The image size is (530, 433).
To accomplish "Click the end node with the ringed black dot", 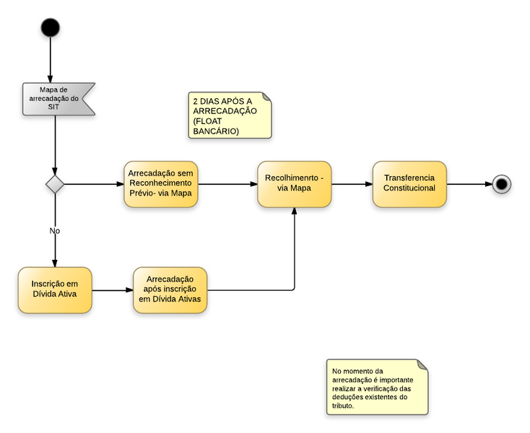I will [x=501, y=184].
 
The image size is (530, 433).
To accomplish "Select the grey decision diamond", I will [x=55, y=184].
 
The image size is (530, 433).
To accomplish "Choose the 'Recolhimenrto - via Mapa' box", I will [x=294, y=184].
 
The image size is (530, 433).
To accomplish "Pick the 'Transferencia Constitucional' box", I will [x=409, y=183].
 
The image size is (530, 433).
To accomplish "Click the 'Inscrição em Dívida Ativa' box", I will [x=55, y=290].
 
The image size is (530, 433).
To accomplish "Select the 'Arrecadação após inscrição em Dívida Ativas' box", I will [x=170, y=290].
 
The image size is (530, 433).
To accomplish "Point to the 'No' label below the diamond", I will [x=55, y=231].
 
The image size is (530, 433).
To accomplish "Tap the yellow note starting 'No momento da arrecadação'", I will [x=375, y=387].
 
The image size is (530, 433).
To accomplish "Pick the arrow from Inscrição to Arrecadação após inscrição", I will [x=112, y=291].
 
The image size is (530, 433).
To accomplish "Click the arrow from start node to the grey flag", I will [x=51, y=61].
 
